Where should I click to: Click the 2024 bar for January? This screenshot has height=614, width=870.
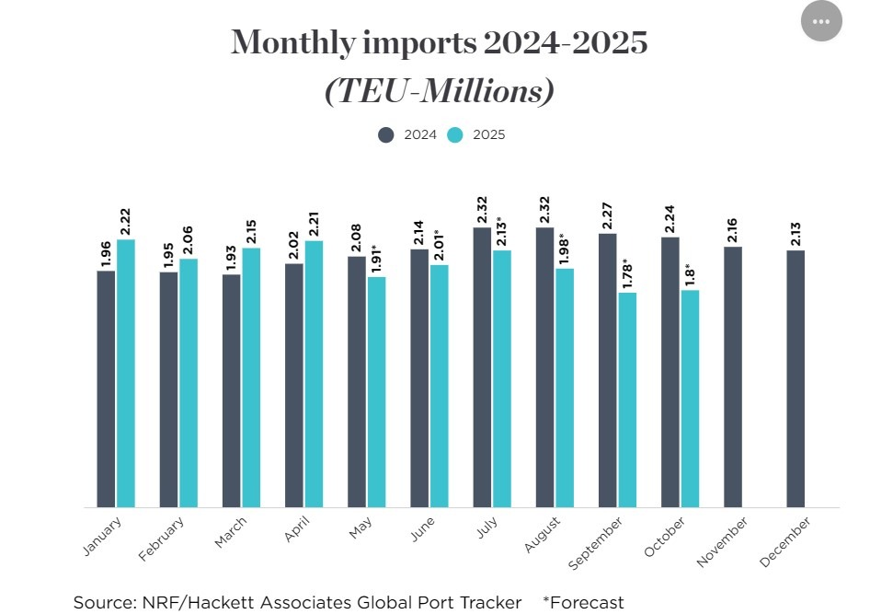pyautogui.click(x=107, y=388)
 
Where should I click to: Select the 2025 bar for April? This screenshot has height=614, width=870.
pyautogui.click(x=314, y=373)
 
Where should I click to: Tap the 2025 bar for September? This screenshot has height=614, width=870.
pyautogui.click(x=627, y=400)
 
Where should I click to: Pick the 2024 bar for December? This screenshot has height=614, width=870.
pyautogui.click(x=796, y=378)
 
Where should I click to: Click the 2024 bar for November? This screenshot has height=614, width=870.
pyautogui.click(x=733, y=377)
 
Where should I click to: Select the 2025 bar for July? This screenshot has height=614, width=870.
pyautogui.click(x=502, y=378)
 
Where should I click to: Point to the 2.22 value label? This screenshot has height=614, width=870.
pyautogui.click(x=126, y=221)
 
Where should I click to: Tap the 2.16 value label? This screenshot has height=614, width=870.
pyautogui.click(x=733, y=229)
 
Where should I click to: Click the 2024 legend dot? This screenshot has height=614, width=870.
pyautogui.click(x=386, y=134)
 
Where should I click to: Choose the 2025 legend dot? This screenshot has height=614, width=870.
pyautogui.click(x=455, y=134)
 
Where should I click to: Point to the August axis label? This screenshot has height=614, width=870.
pyautogui.click(x=543, y=535)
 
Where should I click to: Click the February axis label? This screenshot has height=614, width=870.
pyautogui.click(x=162, y=539)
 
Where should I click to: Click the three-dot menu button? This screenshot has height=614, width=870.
pyautogui.click(x=821, y=21)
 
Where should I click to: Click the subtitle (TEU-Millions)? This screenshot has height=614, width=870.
pyautogui.click(x=439, y=92)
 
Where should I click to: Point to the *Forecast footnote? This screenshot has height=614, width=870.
pyautogui.click(x=583, y=603)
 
